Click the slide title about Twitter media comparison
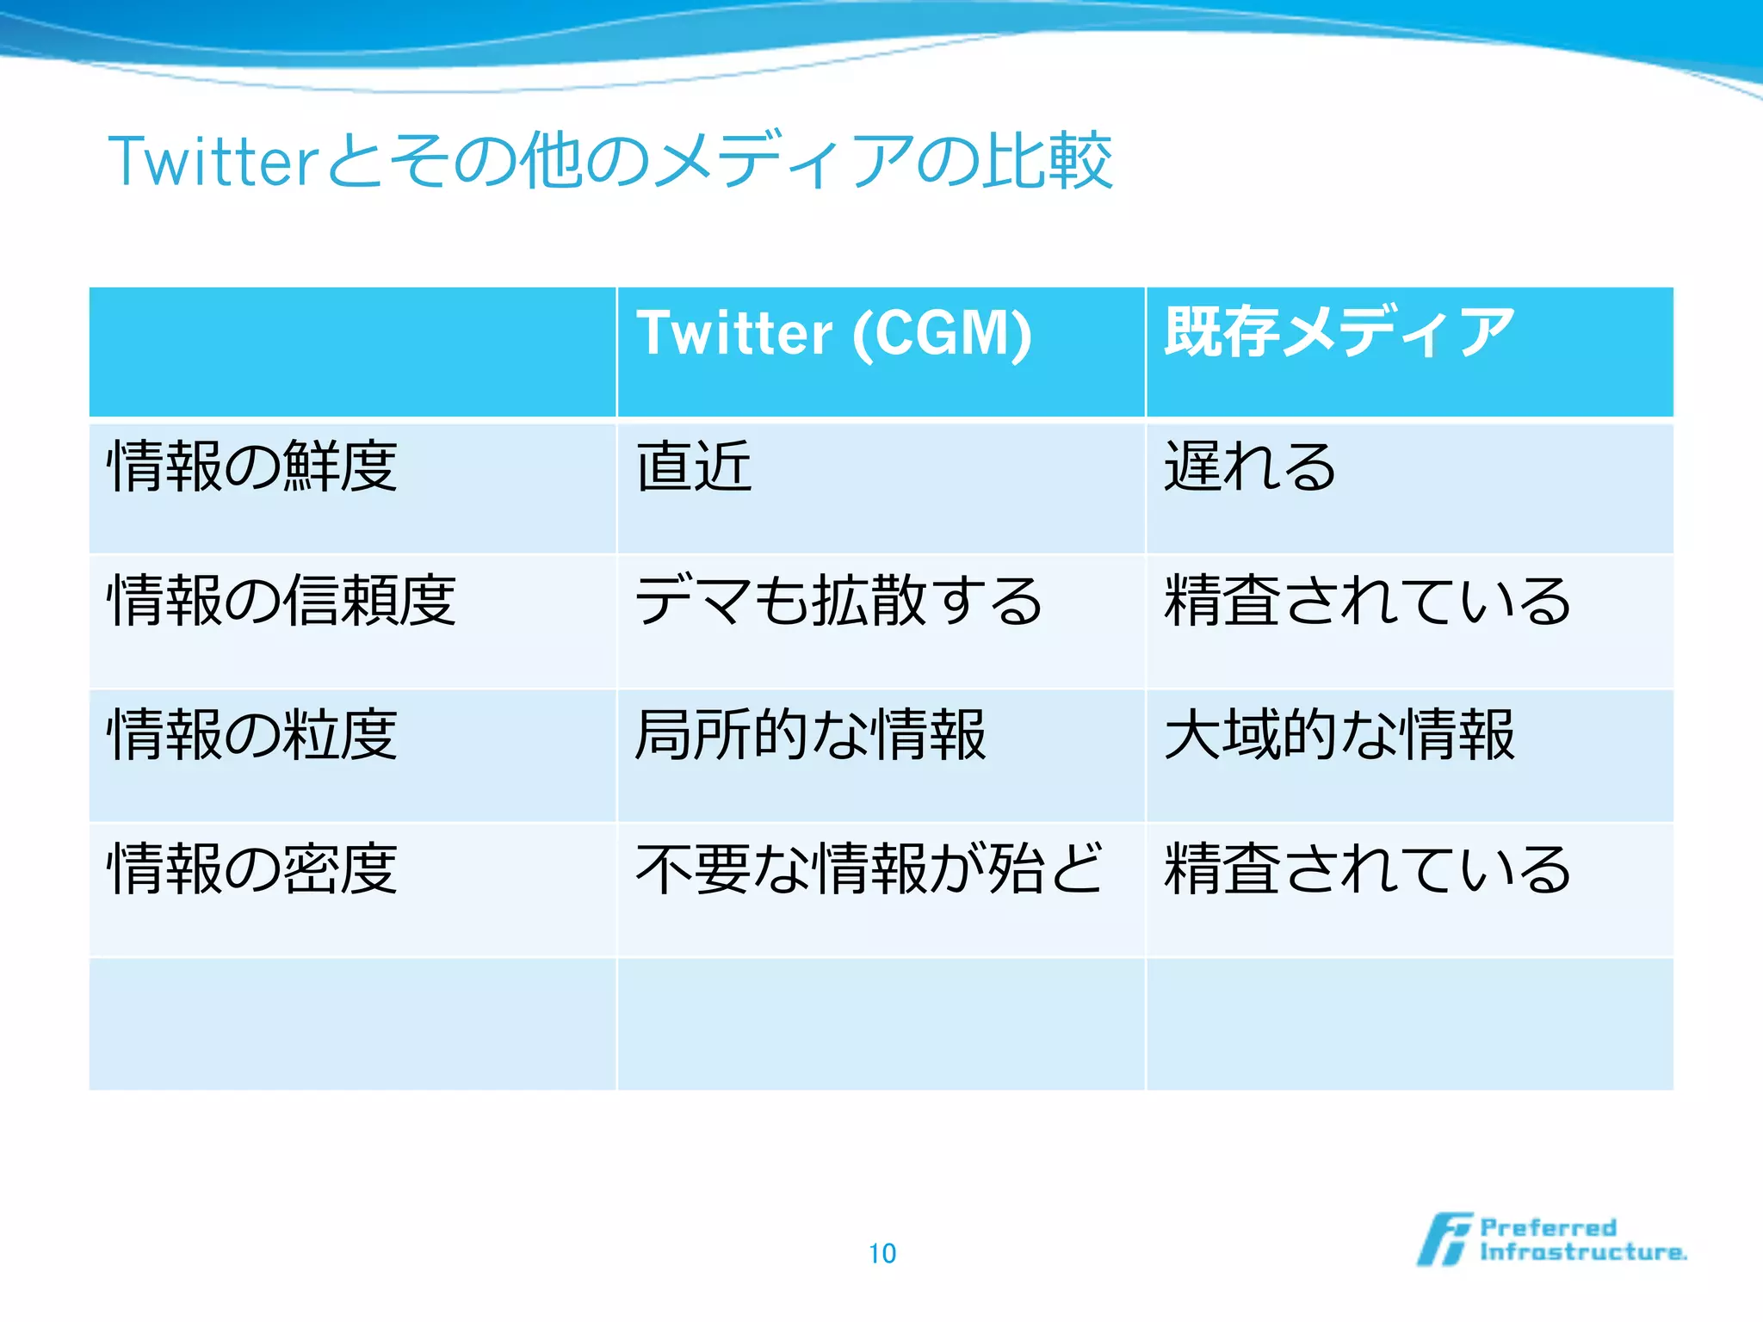click(x=609, y=161)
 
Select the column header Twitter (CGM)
click(x=833, y=333)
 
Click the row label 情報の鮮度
click(x=252, y=466)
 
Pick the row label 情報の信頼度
click(x=281, y=600)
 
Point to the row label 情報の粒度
click(x=252, y=734)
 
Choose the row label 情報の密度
click(x=252, y=868)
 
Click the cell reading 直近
click(x=694, y=466)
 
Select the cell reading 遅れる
click(x=1250, y=466)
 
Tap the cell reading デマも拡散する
click(x=838, y=600)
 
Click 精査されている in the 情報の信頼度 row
click(x=1367, y=600)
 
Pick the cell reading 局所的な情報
click(x=810, y=734)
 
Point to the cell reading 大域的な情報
click(x=1339, y=734)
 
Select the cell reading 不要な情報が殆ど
click(x=869, y=868)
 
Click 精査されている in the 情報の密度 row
click(x=1367, y=868)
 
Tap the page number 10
click(x=882, y=1253)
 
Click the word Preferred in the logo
click(x=1548, y=1227)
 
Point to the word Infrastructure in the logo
click(x=1582, y=1252)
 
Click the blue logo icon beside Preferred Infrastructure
click(x=1444, y=1239)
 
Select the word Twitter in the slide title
click(x=213, y=161)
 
